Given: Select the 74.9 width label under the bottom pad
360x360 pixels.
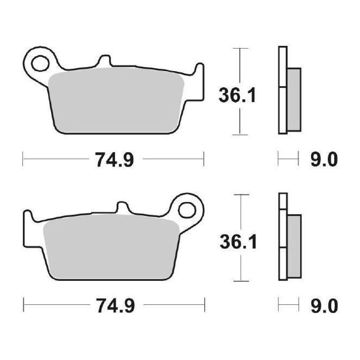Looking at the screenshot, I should pyautogui.click(x=115, y=306).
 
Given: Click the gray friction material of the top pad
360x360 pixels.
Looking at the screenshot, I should pyautogui.click(x=116, y=101).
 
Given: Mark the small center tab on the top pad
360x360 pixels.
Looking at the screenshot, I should pyautogui.click(x=104, y=60).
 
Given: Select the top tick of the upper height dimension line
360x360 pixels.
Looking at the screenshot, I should pyautogui.click(x=239, y=48).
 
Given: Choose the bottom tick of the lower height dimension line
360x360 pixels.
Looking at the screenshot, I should pyautogui.click(x=240, y=281).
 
